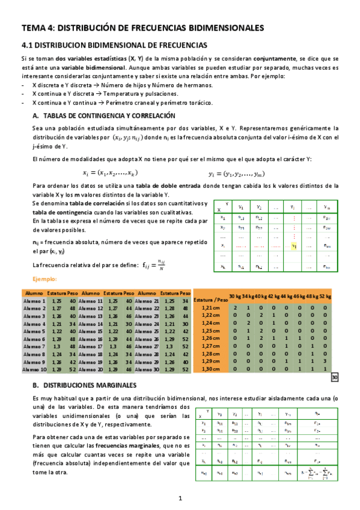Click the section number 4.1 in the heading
pyautogui.click(x=28, y=45)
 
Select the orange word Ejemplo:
pyautogui.click(x=44, y=279)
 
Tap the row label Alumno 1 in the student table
pyautogui.click(x=34, y=300)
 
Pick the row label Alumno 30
pyautogui.click(x=148, y=370)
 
